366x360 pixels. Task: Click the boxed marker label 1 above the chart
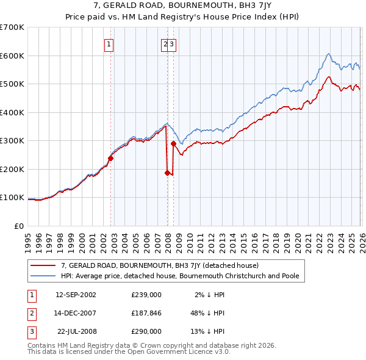pyautogui.click(x=109, y=44)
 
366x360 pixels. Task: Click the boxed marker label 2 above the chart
pyautogui.click(x=165, y=44)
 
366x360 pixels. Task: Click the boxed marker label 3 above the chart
pyautogui.click(x=173, y=44)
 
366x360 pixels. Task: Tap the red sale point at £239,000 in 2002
pyautogui.click(x=110, y=158)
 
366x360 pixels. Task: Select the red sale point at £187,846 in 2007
pyautogui.click(x=167, y=173)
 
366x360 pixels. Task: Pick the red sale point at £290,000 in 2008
pyautogui.click(x=174, y=144)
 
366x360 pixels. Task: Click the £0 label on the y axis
pyautogui.click(x=20, y=226)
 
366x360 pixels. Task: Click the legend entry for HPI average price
pyautogui.click(x=179, y=276)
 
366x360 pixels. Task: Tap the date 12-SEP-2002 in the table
pyautogui.click(x=76, y=295)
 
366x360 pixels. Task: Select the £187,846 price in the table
pyautogui.click(x=146, y=313)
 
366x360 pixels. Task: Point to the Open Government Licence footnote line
pyautogui.click(x=129, y=351)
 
